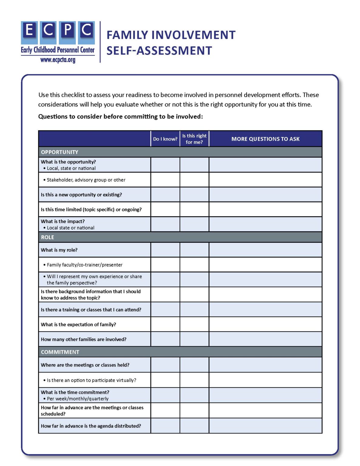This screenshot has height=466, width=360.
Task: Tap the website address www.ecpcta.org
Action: (58, 60)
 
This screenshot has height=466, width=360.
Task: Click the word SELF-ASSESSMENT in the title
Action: (159, 51)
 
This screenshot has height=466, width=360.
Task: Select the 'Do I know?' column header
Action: (165, 139)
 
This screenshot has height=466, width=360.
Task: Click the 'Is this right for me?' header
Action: (194, 139)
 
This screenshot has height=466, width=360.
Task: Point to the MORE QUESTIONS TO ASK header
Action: (265, 139)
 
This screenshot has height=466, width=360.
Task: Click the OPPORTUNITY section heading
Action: (60, 152)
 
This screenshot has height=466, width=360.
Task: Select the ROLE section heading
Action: (48, 237)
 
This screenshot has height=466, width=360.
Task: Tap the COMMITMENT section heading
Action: (60, 352)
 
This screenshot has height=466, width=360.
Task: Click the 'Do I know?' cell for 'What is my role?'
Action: (165, 250)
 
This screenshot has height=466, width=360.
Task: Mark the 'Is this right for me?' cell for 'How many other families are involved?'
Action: (194, 339)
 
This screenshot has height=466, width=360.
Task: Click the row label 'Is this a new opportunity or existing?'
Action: (81, 195)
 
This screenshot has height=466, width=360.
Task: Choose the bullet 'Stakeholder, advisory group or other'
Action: (86, 180)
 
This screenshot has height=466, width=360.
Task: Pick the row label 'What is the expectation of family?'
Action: (79, 325)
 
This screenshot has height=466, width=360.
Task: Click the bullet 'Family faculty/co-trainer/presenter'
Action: (85, 265)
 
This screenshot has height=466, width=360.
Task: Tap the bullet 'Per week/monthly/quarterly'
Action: (78, 399)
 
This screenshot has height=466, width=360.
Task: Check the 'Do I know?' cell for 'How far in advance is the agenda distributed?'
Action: (165, 426)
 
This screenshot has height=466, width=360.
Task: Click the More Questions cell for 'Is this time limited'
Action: (265, 209)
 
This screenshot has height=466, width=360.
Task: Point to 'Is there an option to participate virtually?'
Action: (91, 380)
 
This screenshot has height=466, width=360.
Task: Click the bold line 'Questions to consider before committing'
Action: (120, 116)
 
